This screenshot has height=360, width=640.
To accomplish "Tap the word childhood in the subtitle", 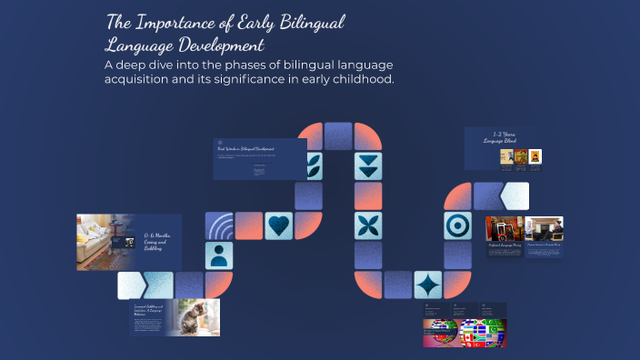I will (x=364, y=80).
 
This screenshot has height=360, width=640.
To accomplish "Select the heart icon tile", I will (x=278, y=225).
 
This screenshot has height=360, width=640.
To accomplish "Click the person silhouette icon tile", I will (x=219, y=255).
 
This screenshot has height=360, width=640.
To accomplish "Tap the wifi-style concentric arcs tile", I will (x=219, y=225).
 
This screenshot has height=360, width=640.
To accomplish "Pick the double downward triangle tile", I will (x=368, y=165).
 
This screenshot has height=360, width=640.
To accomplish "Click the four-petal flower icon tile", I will (x=368, y=225).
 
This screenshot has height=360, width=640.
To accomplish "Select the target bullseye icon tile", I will (x=457, y=225).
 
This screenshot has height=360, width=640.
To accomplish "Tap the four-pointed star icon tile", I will (x=427, y=285).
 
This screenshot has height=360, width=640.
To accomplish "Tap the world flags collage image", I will (x=464, y=331).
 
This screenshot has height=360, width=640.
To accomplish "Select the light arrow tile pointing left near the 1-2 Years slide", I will (x=515, y=195).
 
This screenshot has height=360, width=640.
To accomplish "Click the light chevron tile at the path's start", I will (x=129, y=285).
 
